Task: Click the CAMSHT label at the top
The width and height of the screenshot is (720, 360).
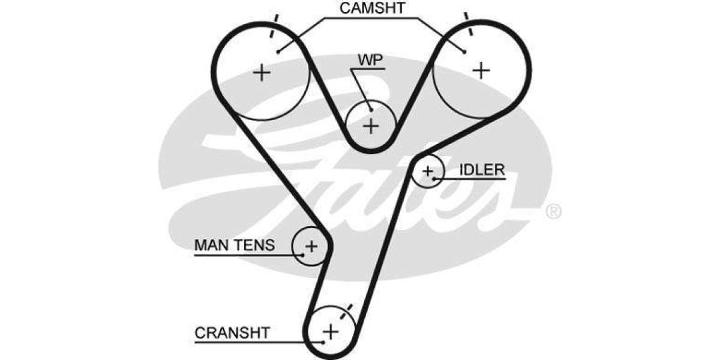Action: [372, 8]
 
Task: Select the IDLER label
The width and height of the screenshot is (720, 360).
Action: [482, 170]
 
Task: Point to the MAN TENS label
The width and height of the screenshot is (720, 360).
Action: [235, 245]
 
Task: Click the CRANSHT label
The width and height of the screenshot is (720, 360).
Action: [232, 332]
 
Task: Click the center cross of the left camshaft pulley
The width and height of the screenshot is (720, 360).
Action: [262, 73]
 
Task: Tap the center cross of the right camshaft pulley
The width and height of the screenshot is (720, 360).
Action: [481, 70]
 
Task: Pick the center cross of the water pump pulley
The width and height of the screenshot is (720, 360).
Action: [371, 126]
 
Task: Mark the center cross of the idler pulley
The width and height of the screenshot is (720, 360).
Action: [427, 171]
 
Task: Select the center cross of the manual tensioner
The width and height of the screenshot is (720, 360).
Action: [311, 245]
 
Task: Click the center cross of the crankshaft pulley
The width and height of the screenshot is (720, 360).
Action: [331, 331]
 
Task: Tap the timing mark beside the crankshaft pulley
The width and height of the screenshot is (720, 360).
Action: [347, 311]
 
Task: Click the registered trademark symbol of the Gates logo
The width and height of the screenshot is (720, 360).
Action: [553, 211]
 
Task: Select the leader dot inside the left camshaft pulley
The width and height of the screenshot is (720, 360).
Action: [279, 52]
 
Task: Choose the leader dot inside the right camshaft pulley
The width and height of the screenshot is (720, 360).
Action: [464, 52]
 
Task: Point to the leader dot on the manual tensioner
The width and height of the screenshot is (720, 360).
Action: [304, 255]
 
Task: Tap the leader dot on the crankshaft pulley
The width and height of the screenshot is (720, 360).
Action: [323, 342]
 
